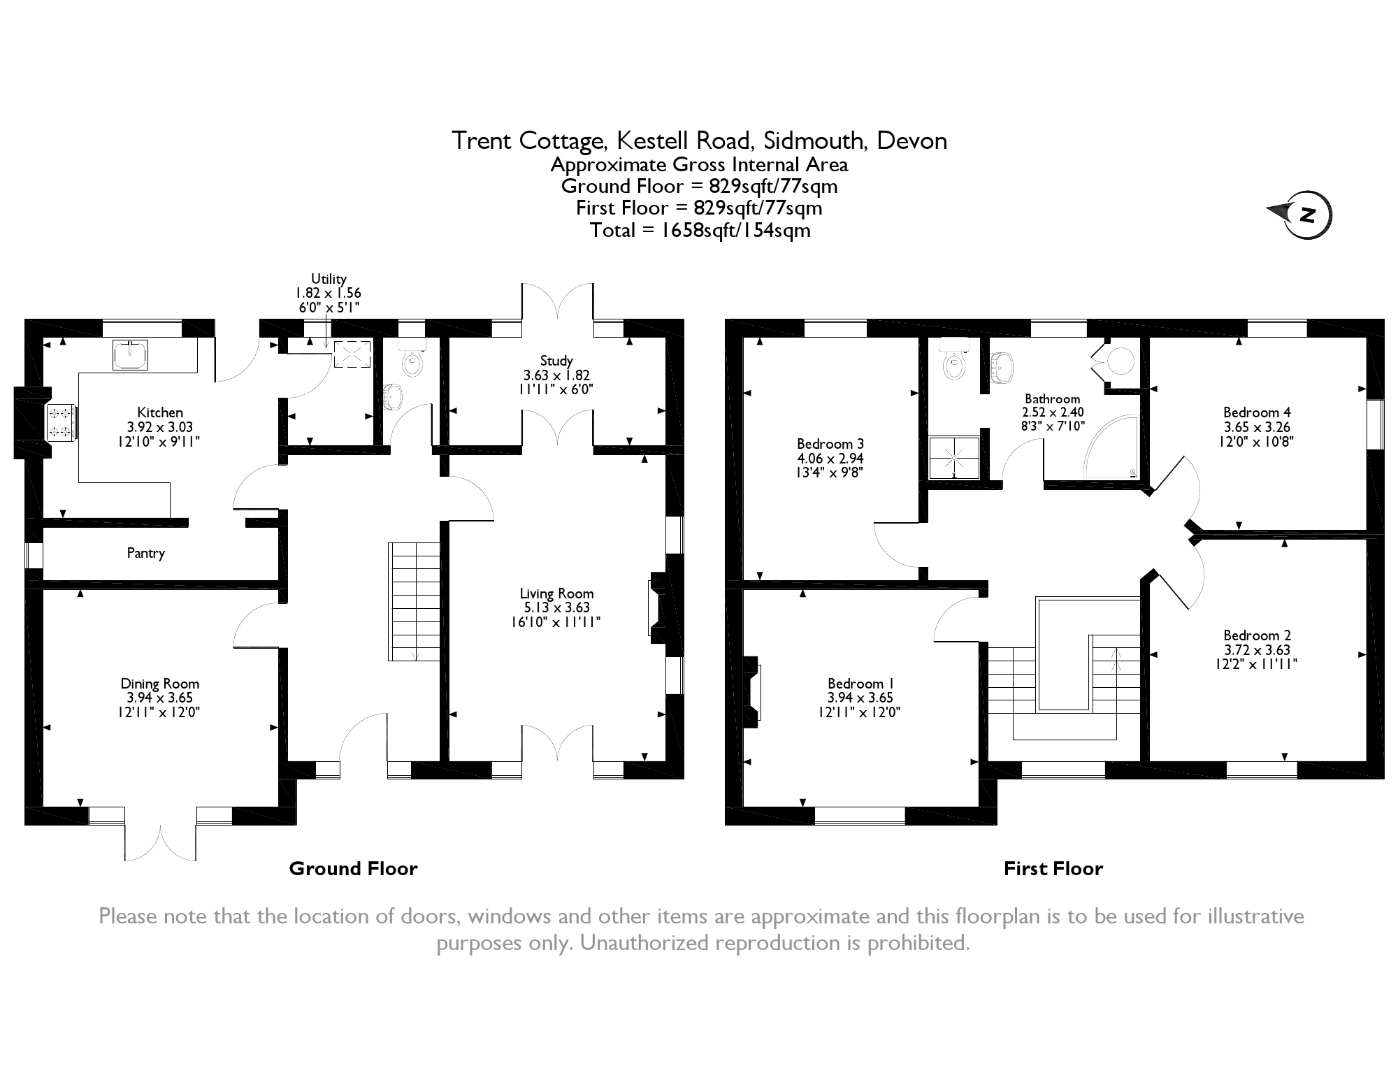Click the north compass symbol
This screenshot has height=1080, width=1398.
(x=1301, y=215)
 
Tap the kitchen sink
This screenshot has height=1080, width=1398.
(x=130, y=355)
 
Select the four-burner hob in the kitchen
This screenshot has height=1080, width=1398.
(x=60, y=422)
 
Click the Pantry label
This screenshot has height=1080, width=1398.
(x=145, y=553)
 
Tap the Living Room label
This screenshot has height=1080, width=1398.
(x=556, y=593)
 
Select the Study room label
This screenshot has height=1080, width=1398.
(x=556, y=361)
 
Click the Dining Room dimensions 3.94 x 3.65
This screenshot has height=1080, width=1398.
(x=159, y=698)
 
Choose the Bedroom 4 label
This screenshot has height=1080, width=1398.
(x=1257, y=412)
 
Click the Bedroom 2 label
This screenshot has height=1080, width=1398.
(x=1257, y=635)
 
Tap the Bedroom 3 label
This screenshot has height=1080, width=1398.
(x=830, y=444)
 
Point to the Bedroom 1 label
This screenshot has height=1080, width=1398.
(x=860, y=684)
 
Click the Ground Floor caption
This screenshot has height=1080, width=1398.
(x=353, y=869)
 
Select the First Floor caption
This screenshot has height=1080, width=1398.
(x=1053, y=869)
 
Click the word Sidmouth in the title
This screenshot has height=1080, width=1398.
(x=815, y=141)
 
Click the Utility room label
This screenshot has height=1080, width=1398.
(x=329, y=279)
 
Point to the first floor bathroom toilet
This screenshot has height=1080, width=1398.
(x=953, y=357)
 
